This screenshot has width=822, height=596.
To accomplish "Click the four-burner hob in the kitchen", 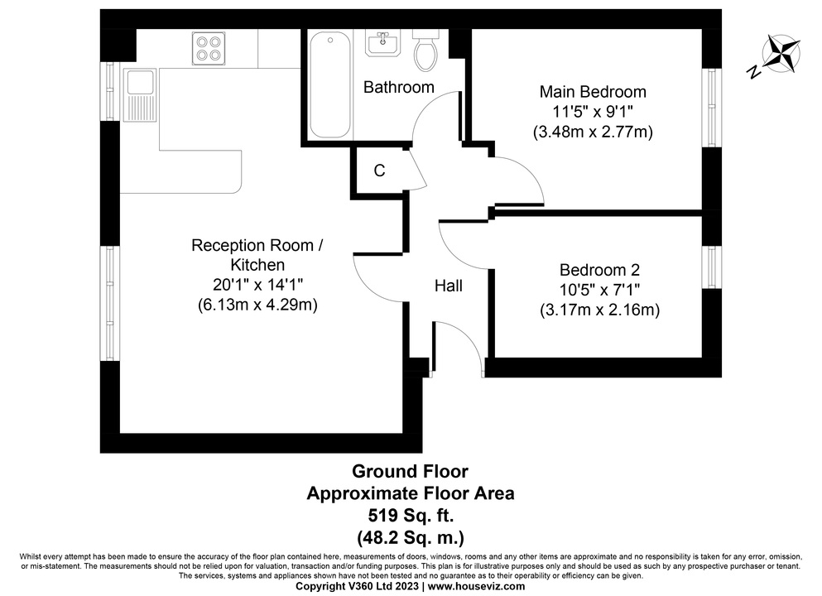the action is point(209,48).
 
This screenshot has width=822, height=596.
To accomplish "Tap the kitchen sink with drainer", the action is point(140,95).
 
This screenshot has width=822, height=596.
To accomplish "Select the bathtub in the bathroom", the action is point(329,84).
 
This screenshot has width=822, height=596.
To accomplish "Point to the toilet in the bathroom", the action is point(425,50).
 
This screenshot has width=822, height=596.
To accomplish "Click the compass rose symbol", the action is point(781,53).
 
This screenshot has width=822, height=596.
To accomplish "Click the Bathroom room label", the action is point(399,87).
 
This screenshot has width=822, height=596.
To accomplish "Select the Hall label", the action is point(448,286).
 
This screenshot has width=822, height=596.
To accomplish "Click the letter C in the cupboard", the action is point(380,171).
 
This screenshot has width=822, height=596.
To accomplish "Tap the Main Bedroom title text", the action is point(593,92).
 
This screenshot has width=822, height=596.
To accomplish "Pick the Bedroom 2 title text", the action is point(599,270).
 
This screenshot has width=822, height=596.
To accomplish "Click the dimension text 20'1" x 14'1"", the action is point(258,285).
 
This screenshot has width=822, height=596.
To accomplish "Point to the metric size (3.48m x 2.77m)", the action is point(593,132).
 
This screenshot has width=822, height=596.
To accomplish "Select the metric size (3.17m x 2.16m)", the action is point(599,310).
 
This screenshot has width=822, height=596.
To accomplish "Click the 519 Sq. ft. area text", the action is point(411,516).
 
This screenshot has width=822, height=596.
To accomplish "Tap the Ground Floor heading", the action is point(410,471).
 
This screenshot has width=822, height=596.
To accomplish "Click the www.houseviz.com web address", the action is point(476,587).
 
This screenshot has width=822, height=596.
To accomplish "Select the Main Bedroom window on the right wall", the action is point(711,108).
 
